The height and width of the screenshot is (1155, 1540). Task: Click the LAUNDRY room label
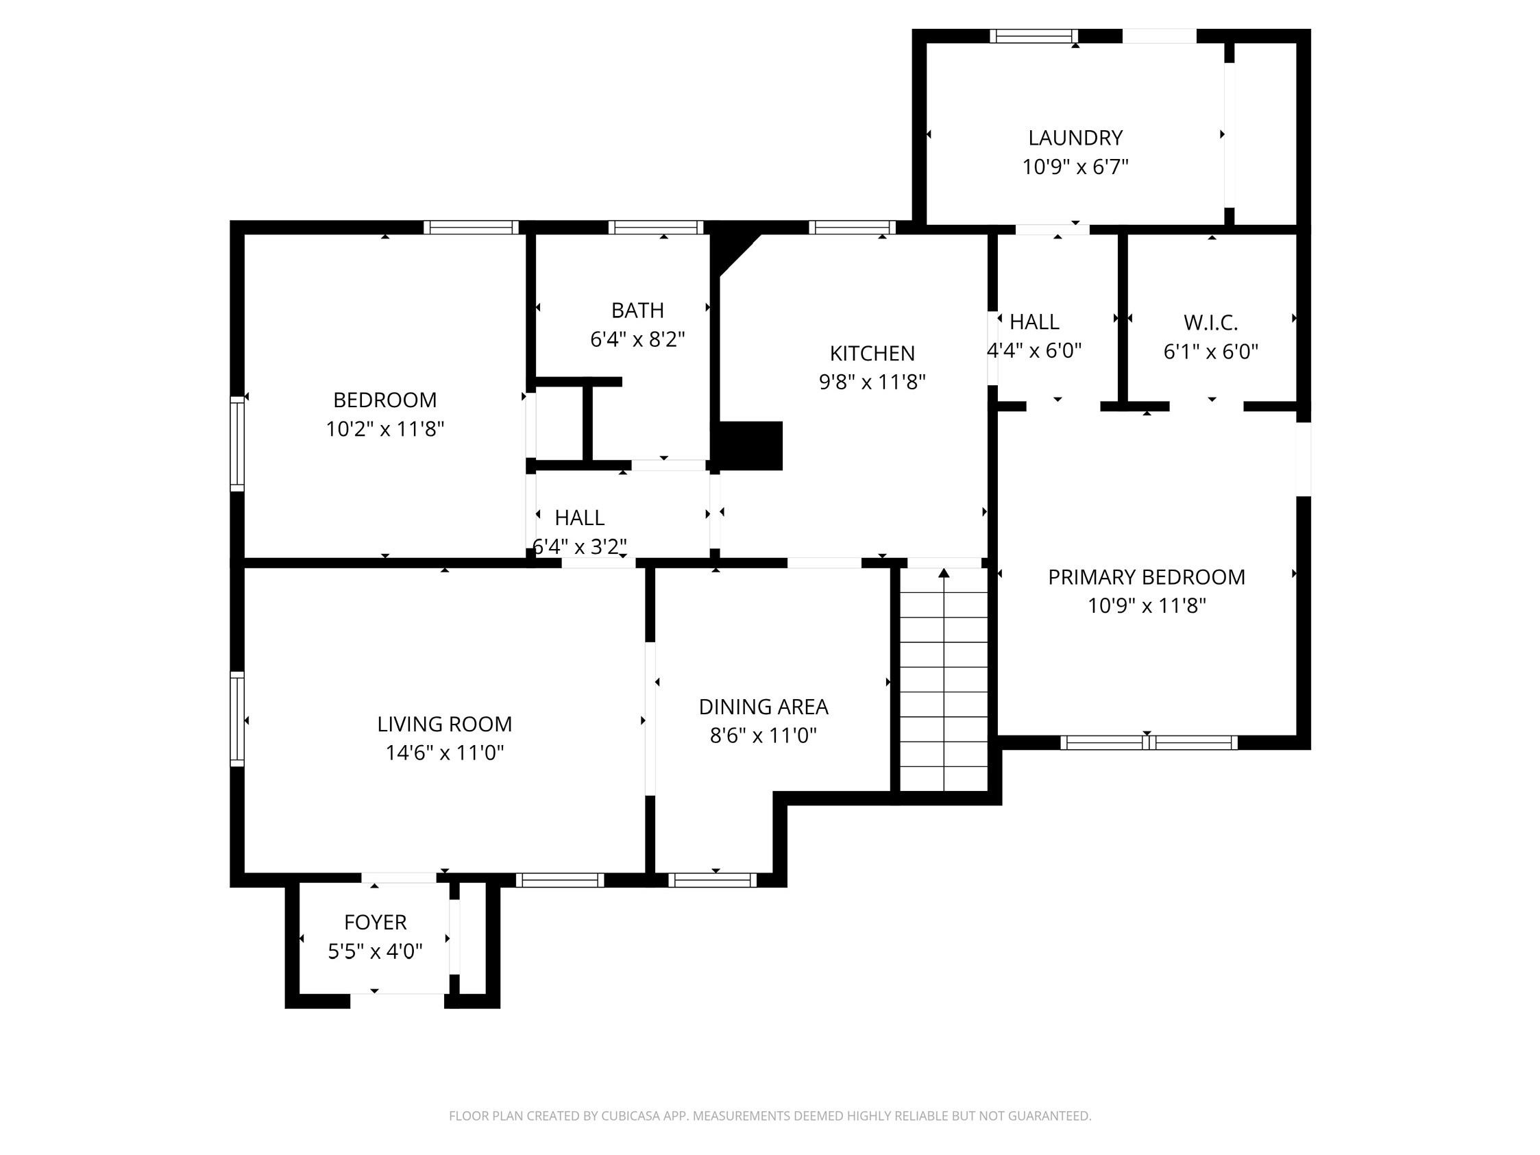pos(1075,138)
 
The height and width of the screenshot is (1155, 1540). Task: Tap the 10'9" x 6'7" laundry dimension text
pos(1075,167)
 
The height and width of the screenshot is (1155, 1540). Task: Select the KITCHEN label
pos(872,354)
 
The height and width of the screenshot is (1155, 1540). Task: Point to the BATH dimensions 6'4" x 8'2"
pos(637,340)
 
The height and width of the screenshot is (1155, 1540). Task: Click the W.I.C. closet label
pos(1211,323)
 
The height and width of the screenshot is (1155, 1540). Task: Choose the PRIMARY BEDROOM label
pos(1146,577)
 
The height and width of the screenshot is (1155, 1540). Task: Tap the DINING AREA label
pos(763,707)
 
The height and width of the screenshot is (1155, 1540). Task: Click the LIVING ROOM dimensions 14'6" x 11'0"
pos(444,753)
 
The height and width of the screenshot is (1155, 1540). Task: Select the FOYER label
pos(375,923)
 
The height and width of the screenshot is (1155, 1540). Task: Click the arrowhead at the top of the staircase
pos(943,573)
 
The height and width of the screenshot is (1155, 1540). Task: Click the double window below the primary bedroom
pos(1148,743)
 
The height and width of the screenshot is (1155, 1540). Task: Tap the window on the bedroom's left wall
pos(237,443)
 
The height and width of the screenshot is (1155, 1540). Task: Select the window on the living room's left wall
pos(237,718)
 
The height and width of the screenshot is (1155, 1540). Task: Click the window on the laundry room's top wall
pos(1033,36)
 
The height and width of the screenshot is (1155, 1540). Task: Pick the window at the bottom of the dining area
pos(712,880)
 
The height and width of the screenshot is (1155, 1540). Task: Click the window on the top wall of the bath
pos(655,227)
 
